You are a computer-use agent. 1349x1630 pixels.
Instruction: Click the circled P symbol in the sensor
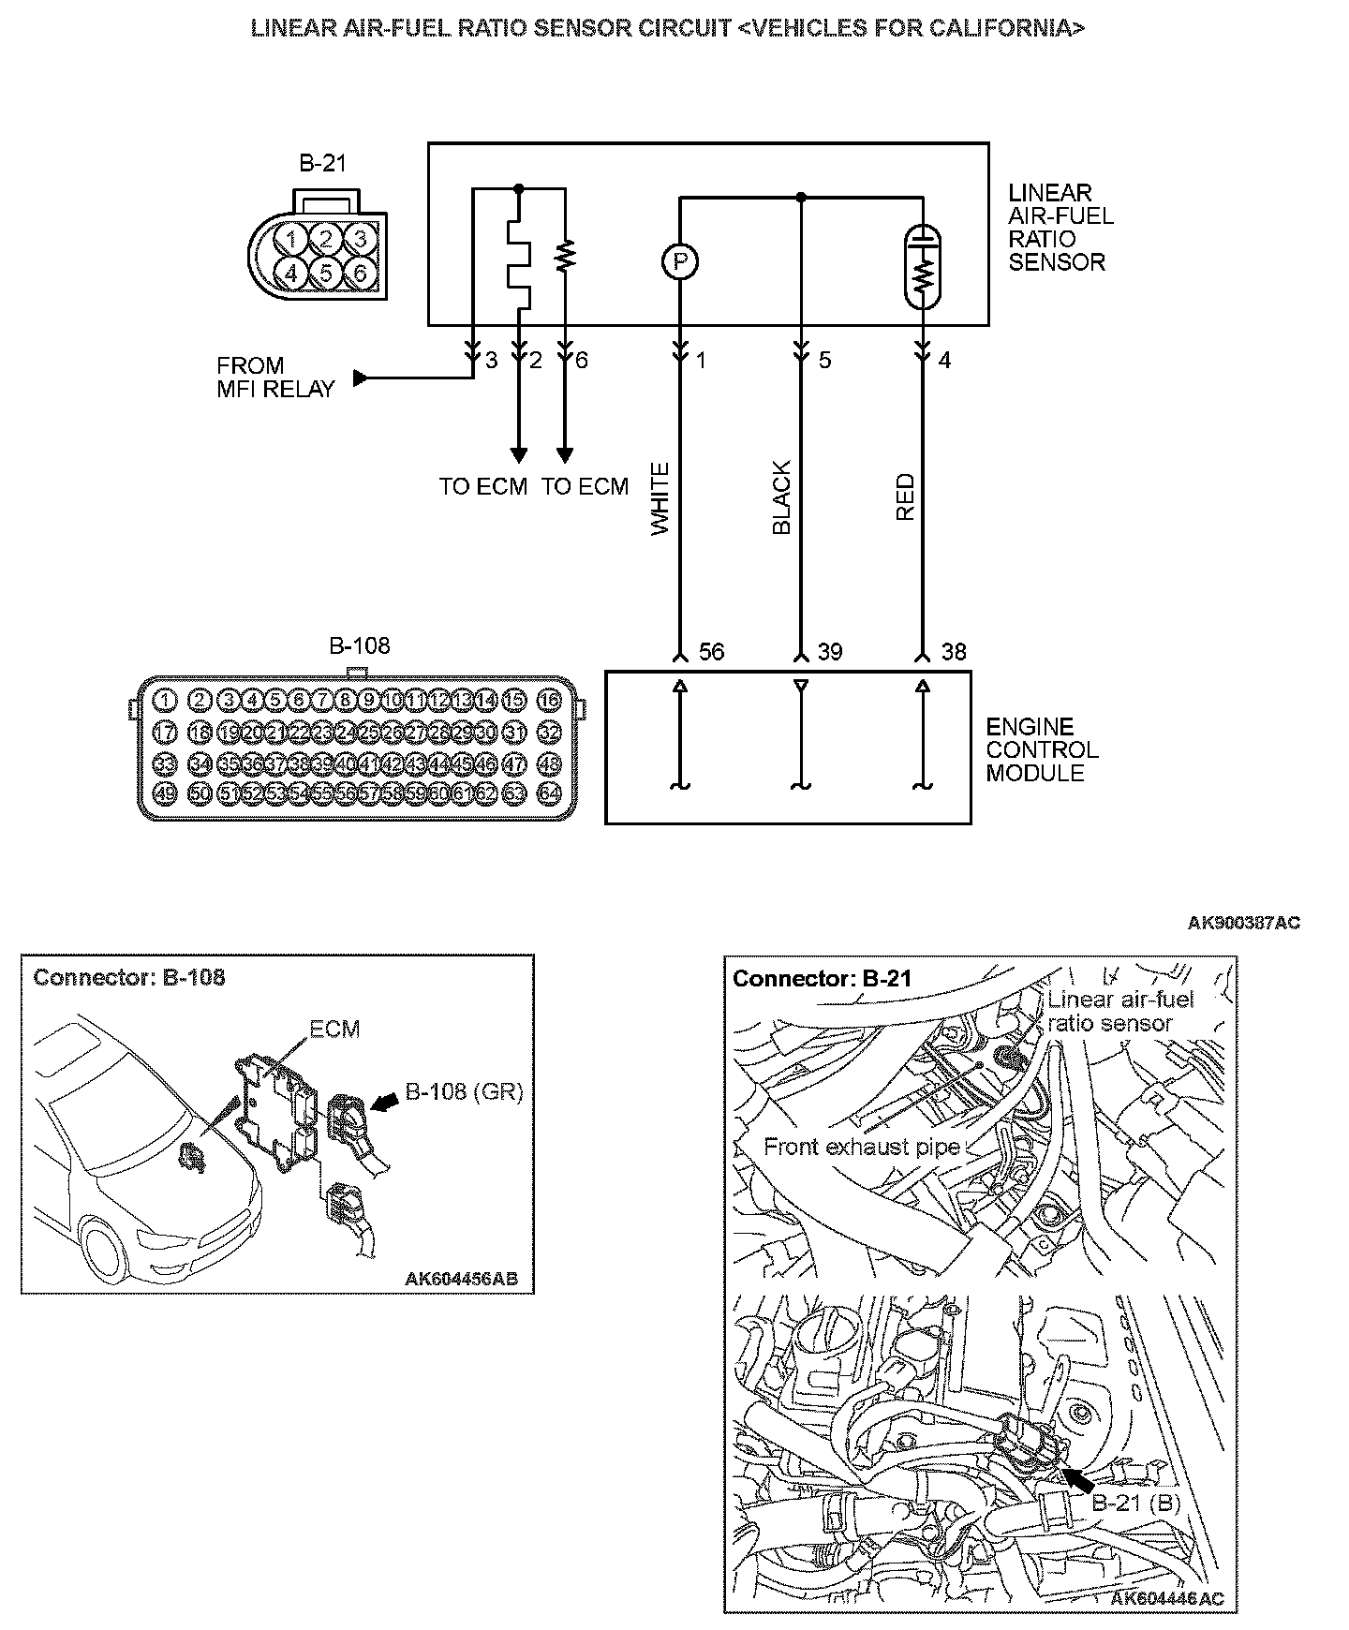[681, 261]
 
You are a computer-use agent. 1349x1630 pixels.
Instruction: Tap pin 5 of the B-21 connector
[326, 273]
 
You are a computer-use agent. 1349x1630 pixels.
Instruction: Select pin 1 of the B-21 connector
[293, 239]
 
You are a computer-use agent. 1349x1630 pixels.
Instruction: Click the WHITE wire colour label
[660, 498]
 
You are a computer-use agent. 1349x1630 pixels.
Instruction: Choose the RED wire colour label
[905, 497]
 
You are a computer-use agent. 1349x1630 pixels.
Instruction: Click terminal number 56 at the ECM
[712, 652]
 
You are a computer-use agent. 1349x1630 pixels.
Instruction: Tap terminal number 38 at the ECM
[953, 652]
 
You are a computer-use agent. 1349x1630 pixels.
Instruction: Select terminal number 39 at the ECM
[830, 652]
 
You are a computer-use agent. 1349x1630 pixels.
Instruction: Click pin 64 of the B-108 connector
[549, 793]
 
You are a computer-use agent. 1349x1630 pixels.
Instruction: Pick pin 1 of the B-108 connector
[165, 699]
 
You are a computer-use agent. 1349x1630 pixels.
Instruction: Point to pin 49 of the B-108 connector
[165, 793]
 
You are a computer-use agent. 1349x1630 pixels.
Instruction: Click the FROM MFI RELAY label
[275, 378]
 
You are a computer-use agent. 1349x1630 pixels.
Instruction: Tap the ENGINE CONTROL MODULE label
[1042, 749]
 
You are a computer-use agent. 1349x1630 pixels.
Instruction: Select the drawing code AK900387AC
[1243, 923]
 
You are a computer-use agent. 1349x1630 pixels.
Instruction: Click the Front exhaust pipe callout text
[862, 1147]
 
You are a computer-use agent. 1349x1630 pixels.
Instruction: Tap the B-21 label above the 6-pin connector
[323, 163]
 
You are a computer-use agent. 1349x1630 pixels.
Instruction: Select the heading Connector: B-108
[129, 977]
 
